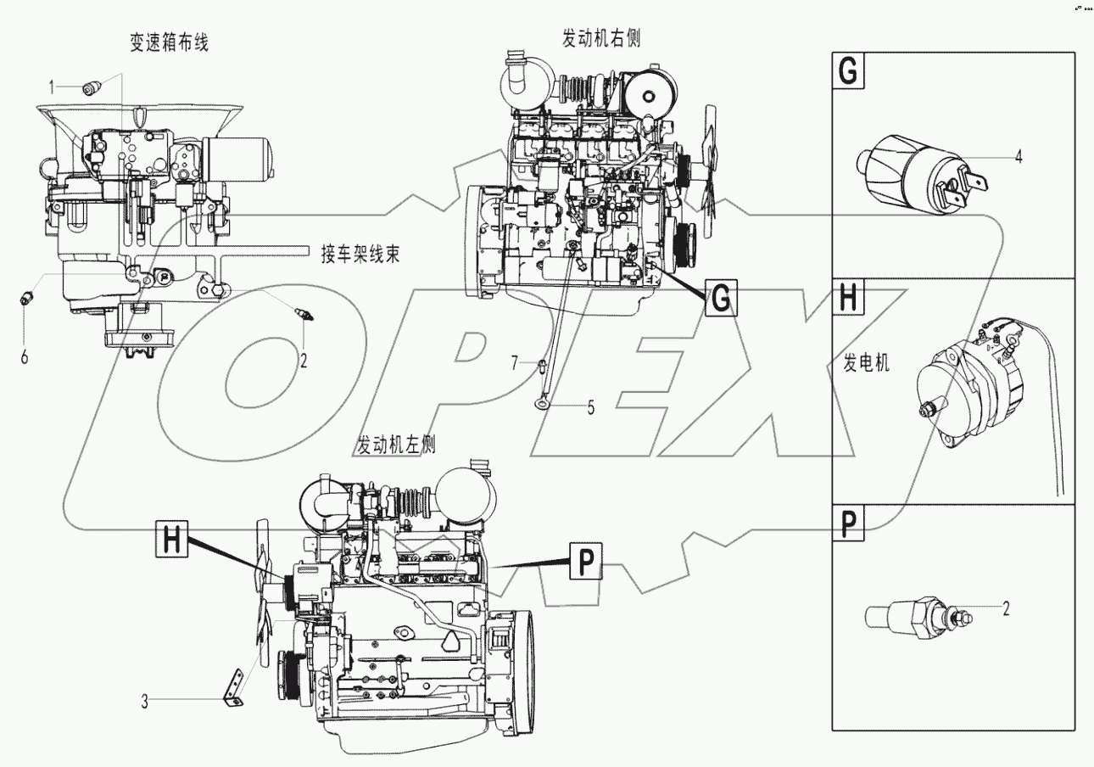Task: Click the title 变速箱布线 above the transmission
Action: coord(169,44)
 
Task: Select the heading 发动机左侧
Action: coord(397,445)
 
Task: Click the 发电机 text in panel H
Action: coord(867,365)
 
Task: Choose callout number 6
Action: coord(24,356)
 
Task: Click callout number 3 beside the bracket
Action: coord(145,701)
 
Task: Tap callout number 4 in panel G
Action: coord(1019,156)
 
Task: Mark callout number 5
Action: coord(591,406)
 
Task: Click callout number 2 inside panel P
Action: coord(1006,607)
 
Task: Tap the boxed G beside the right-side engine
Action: coord(718,299)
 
